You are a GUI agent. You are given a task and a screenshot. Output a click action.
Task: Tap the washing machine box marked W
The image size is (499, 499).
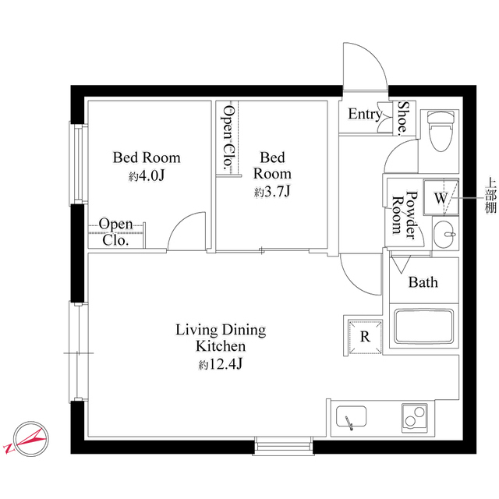pos(441,198)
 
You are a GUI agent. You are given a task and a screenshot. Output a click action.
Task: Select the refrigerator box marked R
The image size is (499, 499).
pos(364,336)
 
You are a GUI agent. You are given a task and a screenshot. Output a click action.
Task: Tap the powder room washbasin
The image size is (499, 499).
pos(442,233)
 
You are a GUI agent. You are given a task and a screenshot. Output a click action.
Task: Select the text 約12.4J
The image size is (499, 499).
pos(221,363)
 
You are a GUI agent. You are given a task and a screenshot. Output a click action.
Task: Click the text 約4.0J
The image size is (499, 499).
pos(147,176)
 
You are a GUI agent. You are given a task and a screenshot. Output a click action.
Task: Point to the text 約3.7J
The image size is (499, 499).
pos(272,191)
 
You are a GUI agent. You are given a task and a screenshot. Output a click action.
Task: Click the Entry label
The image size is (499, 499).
pos(364,115)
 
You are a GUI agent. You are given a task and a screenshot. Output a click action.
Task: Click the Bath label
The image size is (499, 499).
pos(423,282)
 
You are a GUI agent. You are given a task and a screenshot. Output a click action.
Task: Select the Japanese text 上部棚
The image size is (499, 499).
pos(490,196)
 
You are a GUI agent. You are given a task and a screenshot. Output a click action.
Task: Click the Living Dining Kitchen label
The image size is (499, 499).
pos(221,338)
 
